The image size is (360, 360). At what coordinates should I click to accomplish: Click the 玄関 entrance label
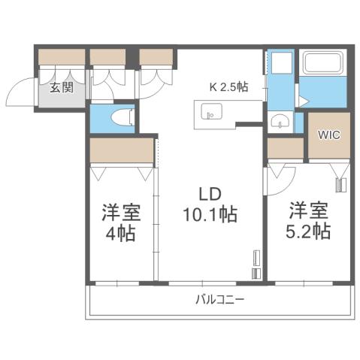61,86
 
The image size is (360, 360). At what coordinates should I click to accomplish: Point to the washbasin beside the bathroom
280,121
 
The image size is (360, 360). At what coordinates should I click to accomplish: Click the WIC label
328,135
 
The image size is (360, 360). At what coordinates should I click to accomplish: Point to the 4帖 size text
119,234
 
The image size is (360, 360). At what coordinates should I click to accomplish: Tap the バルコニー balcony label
219,299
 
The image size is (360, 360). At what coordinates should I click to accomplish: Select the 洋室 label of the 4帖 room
119,211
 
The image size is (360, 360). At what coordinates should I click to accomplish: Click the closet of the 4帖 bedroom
122,151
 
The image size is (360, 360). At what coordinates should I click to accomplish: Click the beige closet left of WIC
286,148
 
